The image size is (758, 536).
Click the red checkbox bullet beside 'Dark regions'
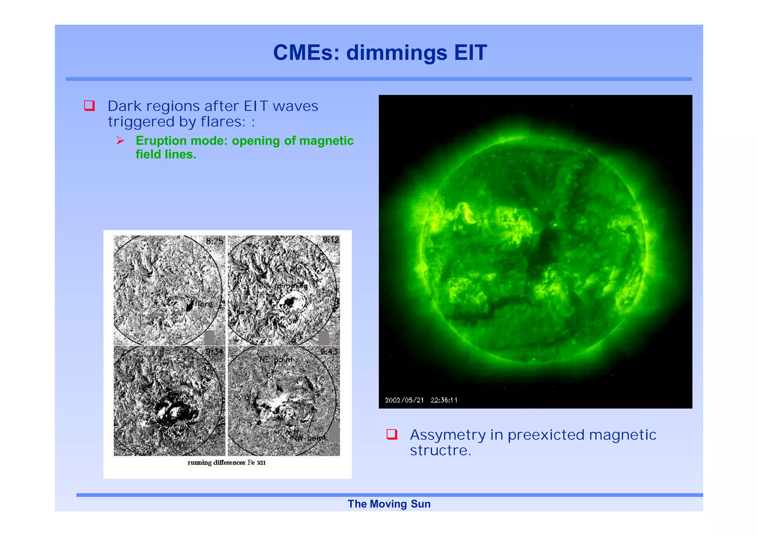pos(89,105)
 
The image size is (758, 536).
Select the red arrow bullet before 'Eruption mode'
pos(120,140)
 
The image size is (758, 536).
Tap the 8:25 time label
pos(215,241)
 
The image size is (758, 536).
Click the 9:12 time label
pos(331,240)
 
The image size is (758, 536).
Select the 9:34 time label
pos(214,351)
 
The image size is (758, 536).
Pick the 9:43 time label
pos(329,351)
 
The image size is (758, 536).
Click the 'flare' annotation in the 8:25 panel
pos(204,304)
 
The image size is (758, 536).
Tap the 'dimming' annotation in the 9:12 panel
pos(292,286)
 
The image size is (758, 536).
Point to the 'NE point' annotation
pos(276,359)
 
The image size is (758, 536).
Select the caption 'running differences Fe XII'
pos(227,462)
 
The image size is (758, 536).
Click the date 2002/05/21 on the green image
pos(404,400)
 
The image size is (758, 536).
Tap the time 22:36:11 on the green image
pos(444,400)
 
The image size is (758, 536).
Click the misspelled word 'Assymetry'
pos(447,435)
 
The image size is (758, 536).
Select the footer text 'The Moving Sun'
pos(389,504)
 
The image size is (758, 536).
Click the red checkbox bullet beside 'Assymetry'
pos(392,434)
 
